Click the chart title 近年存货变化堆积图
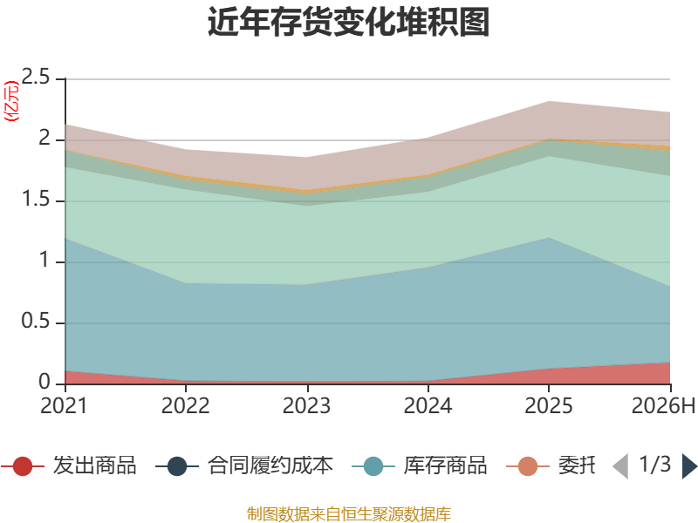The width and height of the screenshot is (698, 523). pos(348,22)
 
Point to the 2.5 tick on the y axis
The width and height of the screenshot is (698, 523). pos(36,78)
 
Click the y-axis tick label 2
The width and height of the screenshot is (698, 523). pos(44,139)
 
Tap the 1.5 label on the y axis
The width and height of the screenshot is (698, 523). pos(36,200)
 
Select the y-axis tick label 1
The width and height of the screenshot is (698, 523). pos(44,260)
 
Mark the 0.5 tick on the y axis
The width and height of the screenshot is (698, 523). pos(36,321)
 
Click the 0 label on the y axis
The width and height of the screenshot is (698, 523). pos(44,382)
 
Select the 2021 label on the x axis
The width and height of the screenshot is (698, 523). pos(64,406)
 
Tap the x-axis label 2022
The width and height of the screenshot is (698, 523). pos(186,406)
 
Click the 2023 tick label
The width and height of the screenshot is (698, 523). pos(307,406)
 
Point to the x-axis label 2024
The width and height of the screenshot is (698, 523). pos(428,406)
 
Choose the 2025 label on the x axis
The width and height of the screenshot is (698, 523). pos(549,406)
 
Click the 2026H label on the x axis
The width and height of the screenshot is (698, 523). pos(663,406)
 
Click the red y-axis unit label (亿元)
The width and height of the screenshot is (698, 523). pos(11,101)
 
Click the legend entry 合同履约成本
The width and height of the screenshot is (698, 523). pos(244,465)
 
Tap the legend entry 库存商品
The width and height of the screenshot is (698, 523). pos(420,465)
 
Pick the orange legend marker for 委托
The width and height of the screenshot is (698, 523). pos(528,466)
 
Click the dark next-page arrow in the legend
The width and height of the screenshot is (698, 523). pos(689,466)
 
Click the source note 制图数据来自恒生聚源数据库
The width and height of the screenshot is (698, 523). pos(349,514)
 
